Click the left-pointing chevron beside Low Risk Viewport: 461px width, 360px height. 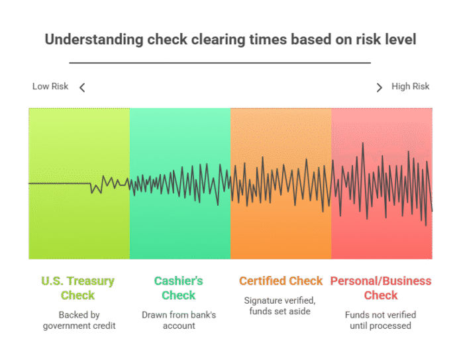[x=82, y=87]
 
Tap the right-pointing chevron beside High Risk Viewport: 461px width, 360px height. [x=380, y=87]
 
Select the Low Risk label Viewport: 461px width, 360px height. [x=50, y=86]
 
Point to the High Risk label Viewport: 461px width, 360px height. [x=411, y=86]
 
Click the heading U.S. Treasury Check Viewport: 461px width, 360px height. [x=78, y=288]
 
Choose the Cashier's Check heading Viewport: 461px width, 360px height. [x=179, y=288]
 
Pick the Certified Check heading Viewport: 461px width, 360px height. [x=281, y=281]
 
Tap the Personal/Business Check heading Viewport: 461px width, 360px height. [x=381, y=288]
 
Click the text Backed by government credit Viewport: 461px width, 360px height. [x=79, y=320]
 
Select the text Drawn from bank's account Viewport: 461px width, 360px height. [x=179, y=320]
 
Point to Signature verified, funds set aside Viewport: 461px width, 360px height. [x=280, y=306]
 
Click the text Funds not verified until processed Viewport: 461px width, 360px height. [x=380, y=320]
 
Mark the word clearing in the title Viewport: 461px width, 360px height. [x=218, y=40]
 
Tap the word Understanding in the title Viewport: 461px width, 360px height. [x=94, y=40]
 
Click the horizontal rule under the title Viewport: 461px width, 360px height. [x=220, y=63]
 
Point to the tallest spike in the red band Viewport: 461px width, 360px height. [x=363, y=143]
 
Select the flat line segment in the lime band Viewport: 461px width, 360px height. [x=60, y=183]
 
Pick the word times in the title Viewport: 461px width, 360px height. [x=268, y=39]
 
